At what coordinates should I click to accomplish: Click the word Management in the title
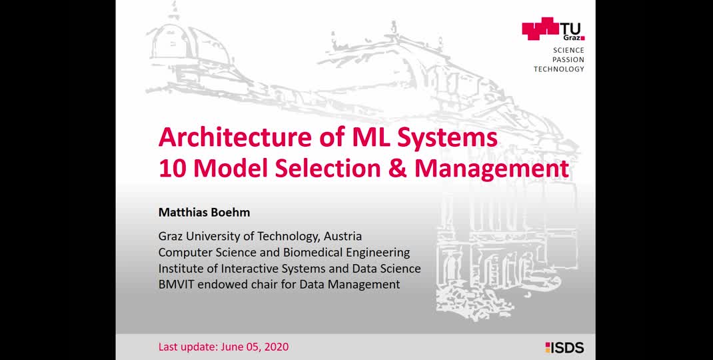click(492, 170)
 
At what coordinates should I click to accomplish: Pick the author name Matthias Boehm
click(204, 213)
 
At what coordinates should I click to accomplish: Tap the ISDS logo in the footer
click(565, 348)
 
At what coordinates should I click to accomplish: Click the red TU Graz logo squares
click(540, 28)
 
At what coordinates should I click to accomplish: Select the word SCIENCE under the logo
click(568, 51)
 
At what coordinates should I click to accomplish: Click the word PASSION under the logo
click(568, 59)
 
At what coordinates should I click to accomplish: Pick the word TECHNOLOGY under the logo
click(559, 69)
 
